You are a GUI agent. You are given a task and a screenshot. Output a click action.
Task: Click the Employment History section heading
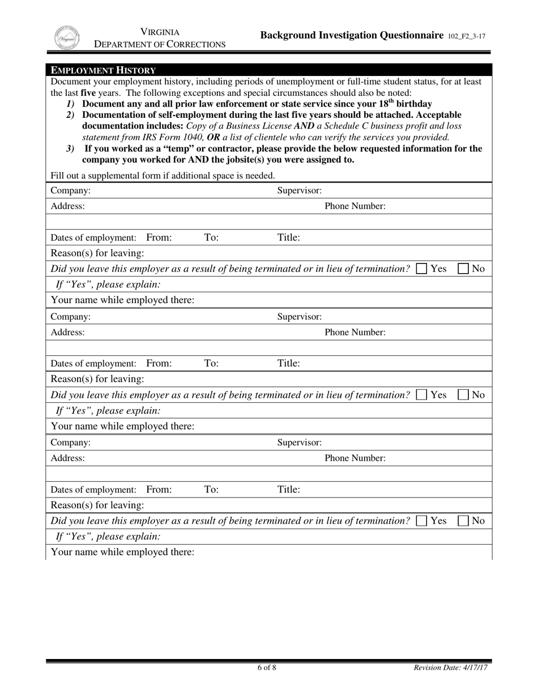(103, 70)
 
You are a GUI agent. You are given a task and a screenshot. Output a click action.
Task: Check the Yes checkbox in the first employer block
(421, 269)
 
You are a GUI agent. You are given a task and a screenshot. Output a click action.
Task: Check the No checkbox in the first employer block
(463, 269)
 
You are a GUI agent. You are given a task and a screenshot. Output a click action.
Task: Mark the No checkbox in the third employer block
(463, 520)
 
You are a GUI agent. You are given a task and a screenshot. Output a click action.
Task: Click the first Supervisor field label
(300, 190)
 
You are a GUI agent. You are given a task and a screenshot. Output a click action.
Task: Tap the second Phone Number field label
(355, 332)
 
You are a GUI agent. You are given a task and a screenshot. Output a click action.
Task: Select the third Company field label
(70, 442)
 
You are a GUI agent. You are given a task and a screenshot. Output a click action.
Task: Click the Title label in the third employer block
(288, 490)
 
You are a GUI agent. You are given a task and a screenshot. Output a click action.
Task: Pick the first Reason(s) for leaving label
(97, 253)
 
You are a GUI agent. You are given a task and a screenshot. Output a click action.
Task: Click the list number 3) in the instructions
(70, 149)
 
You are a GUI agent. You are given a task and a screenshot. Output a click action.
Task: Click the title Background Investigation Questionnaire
(352, 35)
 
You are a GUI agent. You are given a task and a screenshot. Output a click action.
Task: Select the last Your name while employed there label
(123, 551)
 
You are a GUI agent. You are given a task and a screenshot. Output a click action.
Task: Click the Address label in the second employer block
(68, 332)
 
